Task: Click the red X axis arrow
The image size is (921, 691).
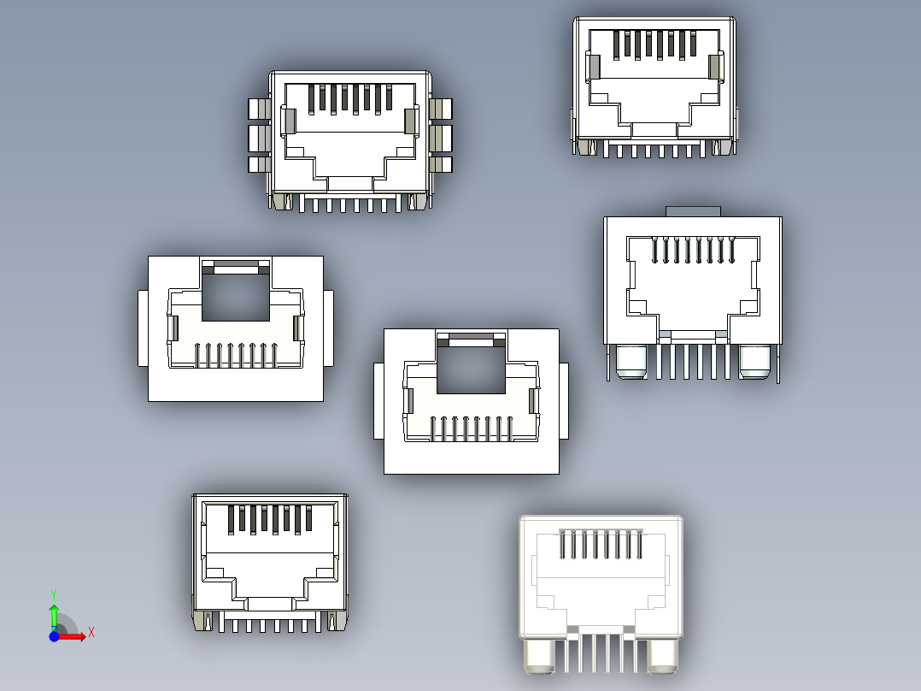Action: point(74,636)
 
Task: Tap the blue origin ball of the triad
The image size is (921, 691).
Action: point(54,636)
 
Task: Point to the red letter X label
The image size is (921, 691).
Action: point(91,632)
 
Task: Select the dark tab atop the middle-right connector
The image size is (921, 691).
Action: point(693,210)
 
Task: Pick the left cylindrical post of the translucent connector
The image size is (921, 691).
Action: point(540,656)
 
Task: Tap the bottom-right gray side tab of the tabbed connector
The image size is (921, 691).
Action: point(442,164)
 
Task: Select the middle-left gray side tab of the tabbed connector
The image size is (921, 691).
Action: point(258,137)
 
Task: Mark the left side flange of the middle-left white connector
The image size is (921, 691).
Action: point(143,328)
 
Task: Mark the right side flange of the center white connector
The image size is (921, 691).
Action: point(564,400)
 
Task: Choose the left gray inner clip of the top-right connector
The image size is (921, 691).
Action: point(593,68)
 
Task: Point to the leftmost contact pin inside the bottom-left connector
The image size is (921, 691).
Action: point(231,519)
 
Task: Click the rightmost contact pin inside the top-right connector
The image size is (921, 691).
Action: point(695,45)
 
